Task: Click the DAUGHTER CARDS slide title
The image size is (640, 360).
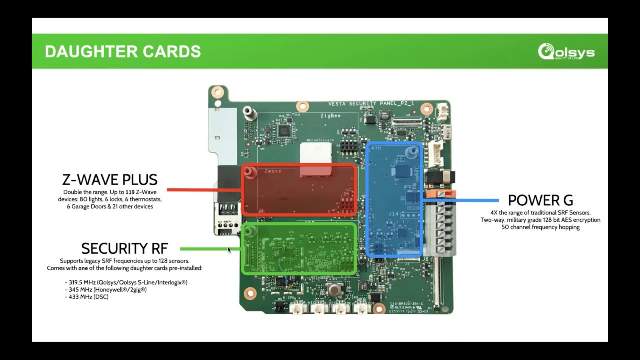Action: coord(123,51)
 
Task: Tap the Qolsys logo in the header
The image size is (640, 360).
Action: coord(566,52)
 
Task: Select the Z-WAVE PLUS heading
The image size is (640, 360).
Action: coord(110,180)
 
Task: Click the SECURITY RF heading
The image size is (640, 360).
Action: coord(124,248)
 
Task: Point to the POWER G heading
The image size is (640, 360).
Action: coord(540,200)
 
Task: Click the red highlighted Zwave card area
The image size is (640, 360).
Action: coord(299,190)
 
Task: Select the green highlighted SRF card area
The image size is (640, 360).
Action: coord(299,249)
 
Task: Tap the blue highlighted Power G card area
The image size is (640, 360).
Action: coord(395,200)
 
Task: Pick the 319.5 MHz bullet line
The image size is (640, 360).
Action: coord(126,282)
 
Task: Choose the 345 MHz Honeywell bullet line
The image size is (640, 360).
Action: coord(106,290)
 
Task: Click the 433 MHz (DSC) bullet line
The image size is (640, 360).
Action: coord(87,297)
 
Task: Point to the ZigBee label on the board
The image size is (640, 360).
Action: coord(330,116)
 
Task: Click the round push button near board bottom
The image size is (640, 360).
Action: coord(334,288)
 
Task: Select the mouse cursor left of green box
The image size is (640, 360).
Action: coord(229,249)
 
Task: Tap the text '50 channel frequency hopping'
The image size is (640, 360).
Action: coord(540,227)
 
